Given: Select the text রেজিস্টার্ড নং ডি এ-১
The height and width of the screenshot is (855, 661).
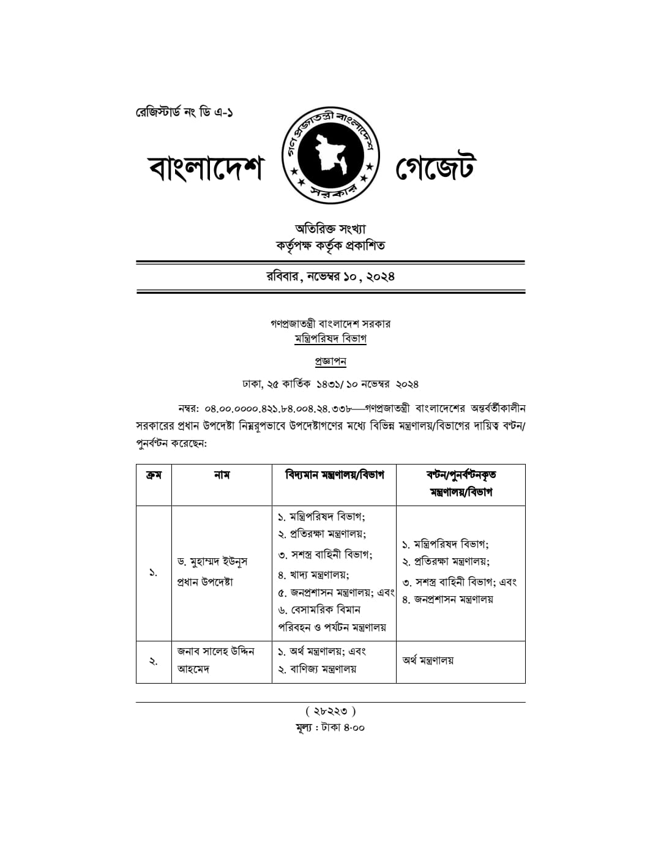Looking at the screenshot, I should [x=184, y=113].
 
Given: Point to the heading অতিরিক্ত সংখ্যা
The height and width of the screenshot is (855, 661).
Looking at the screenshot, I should [x=330, y=229].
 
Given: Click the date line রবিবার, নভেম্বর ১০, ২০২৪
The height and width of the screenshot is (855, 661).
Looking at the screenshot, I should [x=330, y=276].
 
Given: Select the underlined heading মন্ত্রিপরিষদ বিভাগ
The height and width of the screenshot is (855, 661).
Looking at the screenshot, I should [x=330, y=338].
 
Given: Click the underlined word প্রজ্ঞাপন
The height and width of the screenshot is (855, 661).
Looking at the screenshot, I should [x=330, y=361].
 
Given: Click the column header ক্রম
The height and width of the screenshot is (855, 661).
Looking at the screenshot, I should [x=154, y=475].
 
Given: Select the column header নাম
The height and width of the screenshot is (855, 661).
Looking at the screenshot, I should [x=222, y=475].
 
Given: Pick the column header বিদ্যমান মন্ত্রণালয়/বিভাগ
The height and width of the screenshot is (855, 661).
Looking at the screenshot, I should [x=334, y=475].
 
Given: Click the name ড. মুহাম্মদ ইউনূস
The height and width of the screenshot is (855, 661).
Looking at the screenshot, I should [x=212, y=561].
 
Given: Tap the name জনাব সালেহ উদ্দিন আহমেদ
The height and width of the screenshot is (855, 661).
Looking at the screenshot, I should [x=215, y=660].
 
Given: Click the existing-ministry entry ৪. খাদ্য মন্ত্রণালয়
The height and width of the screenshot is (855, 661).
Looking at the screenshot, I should [x=313, y=575].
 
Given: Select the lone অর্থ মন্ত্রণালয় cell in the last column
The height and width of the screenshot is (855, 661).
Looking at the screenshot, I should [x=428, y=660].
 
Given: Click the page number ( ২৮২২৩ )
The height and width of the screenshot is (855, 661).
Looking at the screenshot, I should [x=330, y=711].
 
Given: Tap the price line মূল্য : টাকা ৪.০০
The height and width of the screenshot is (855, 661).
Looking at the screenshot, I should [x=330, y=728].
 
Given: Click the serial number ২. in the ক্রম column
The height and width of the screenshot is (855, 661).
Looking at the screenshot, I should [x=154, y=661].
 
